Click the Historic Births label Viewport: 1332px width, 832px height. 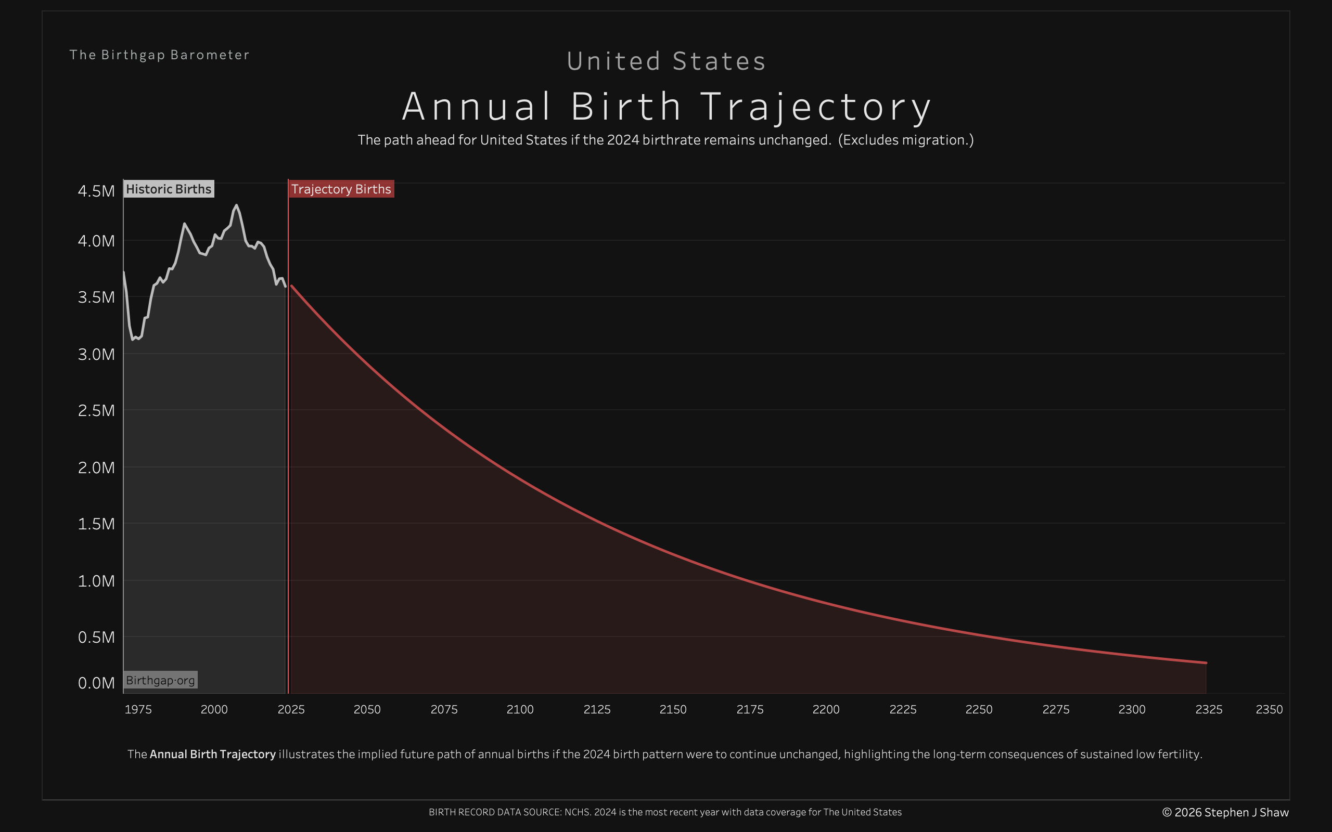[169, 189]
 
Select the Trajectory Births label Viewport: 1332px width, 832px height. [341, 189]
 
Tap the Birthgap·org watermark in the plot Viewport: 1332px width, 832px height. [160, 680]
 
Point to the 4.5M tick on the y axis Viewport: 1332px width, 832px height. [96, 191]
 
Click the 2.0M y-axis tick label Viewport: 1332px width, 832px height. [96, 467]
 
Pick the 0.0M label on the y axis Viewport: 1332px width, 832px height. [96, 683]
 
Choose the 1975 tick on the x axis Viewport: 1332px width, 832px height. [138, 709]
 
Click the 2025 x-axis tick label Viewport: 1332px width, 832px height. [291, 709]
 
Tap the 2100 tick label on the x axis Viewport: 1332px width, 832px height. [520, 709]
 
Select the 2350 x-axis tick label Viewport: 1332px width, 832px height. [1269, 709]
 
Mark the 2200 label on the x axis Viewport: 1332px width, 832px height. [826, 709]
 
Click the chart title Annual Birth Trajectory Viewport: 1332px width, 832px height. [666, 106]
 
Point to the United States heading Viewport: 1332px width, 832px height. [666, 61]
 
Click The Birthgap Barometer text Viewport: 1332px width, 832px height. [160, 55]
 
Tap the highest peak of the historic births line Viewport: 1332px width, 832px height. [237, 205]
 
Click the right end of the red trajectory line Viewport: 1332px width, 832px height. [1206, 662]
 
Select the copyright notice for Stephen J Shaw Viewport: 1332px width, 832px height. [1225, 812]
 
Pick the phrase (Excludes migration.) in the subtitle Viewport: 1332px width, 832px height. [906, 140]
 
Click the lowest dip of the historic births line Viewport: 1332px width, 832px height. [133, 340]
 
